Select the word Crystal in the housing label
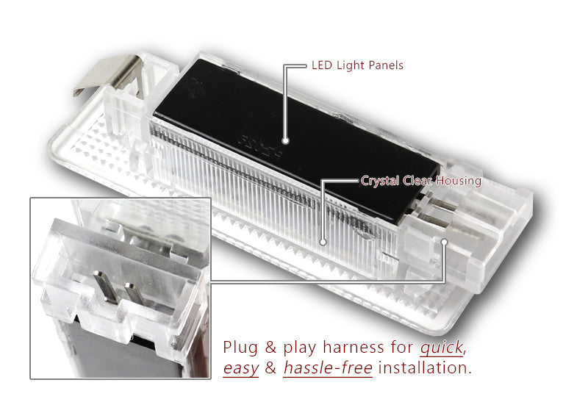[379, 180]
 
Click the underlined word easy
[240, 367]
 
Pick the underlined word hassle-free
[328, 367]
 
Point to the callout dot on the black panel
[285, 139]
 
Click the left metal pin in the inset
[102, 287]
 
